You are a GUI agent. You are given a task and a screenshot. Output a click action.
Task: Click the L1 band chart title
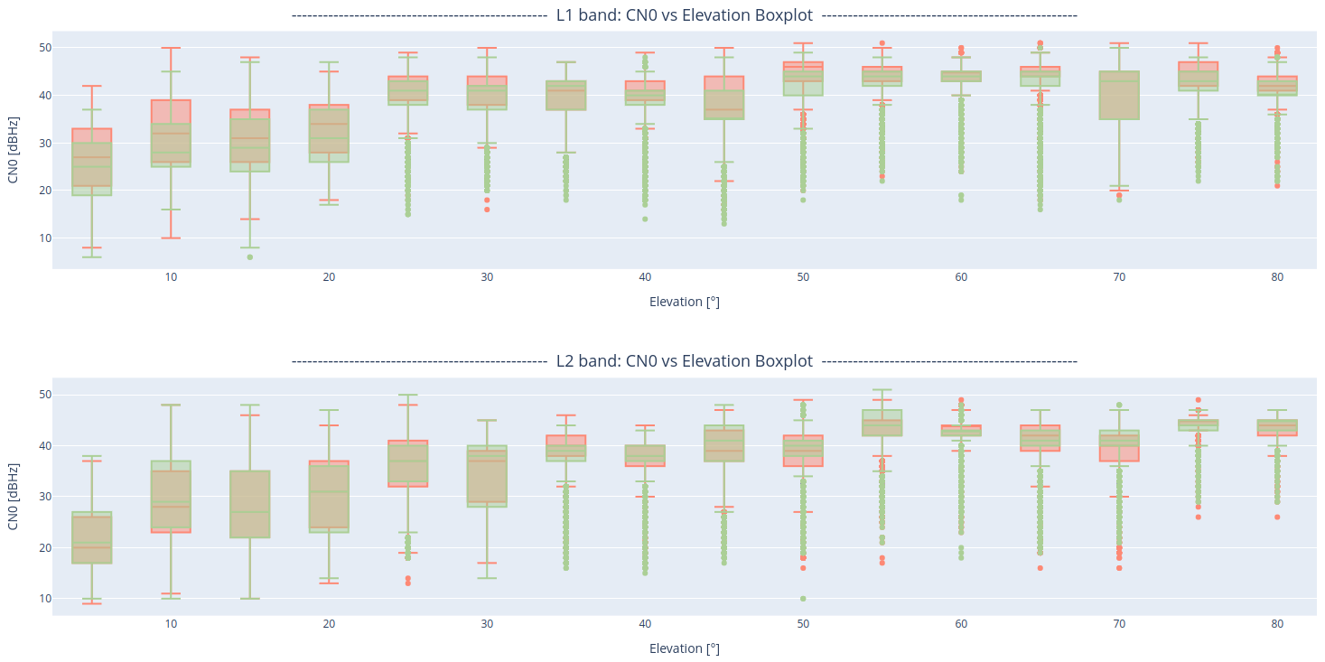point(684,15)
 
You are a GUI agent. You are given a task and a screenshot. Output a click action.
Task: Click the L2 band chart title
point(684,361)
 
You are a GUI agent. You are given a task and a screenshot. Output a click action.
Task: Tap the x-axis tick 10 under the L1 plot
point(171,276)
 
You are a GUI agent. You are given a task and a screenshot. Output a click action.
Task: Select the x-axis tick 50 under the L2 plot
point(803,623)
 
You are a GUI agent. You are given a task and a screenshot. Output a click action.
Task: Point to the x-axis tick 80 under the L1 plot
point(1277,276)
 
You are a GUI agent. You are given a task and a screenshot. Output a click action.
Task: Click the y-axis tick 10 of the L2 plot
point(43,599)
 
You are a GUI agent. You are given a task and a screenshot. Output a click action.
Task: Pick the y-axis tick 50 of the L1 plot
point(43,48)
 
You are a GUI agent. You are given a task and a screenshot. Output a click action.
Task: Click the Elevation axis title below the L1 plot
point(684,302)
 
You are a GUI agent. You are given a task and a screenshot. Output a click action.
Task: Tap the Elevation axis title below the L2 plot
point(684,648)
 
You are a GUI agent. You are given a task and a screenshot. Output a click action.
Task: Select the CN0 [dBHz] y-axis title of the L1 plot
point(13,150)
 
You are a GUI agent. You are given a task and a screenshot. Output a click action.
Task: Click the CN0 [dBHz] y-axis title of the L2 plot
point(13,497)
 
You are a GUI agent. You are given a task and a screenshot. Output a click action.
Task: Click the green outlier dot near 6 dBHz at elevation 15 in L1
point(250,257)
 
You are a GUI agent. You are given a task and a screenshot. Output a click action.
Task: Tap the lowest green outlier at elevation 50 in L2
point(803,599)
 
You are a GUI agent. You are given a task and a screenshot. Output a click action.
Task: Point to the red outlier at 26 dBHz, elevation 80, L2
point(1277,517)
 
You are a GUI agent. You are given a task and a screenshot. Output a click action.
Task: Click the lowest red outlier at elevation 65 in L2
point(1040,568)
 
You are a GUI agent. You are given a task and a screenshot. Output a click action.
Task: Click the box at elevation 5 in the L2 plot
point(92,538)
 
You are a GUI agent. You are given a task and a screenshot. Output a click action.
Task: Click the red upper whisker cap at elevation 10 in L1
point(171,48)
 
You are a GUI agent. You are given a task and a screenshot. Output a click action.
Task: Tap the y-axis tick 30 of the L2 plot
point(43,497)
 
